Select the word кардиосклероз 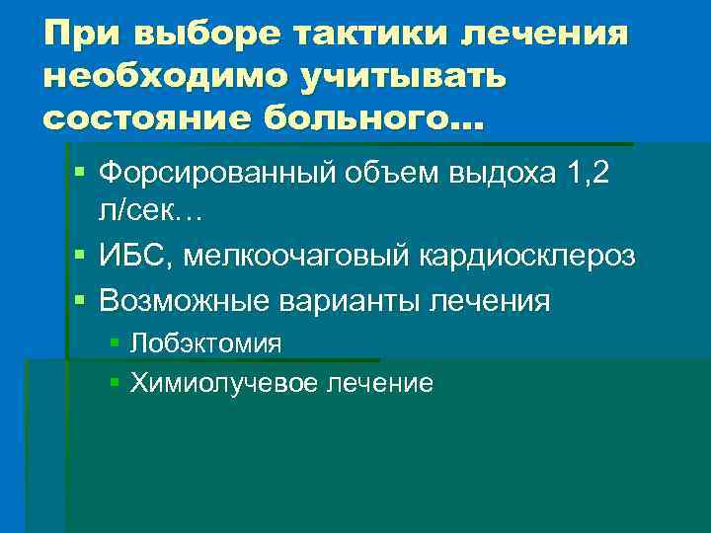528,256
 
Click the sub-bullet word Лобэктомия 206,343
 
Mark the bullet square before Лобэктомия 116,343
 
